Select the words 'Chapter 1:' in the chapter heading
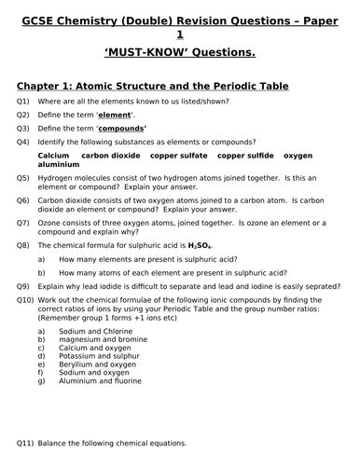click(x=48, y=86)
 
